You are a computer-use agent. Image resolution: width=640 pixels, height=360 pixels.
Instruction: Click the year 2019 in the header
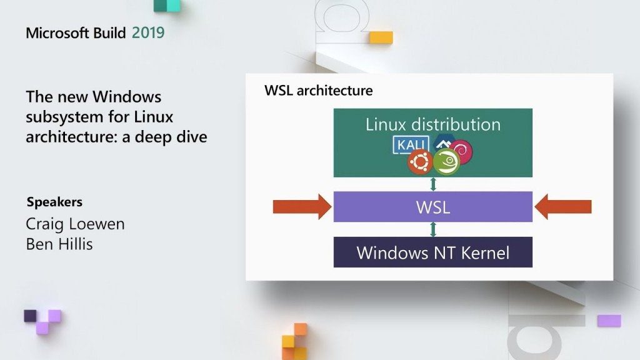148,32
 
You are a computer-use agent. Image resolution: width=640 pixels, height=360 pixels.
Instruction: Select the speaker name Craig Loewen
75,224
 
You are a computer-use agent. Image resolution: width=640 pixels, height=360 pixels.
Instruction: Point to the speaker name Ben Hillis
59,244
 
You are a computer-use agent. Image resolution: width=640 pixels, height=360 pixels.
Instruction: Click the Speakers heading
54,202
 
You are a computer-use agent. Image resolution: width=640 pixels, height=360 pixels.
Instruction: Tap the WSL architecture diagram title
318,91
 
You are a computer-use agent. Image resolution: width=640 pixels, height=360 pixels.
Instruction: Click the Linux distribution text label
432,124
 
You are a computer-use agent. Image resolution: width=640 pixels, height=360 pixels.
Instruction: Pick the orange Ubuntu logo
420,162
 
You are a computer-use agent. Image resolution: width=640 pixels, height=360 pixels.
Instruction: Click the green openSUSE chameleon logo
446,162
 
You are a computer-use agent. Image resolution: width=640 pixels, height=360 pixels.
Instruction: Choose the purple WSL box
432,207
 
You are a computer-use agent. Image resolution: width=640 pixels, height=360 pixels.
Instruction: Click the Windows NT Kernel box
432,252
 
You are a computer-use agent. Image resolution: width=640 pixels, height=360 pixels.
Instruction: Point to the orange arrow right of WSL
563,207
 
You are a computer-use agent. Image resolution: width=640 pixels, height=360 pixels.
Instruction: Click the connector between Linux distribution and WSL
432,184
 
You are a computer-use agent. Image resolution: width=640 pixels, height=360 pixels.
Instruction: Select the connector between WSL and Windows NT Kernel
432,229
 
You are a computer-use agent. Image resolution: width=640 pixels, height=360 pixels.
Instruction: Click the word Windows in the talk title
127,97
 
